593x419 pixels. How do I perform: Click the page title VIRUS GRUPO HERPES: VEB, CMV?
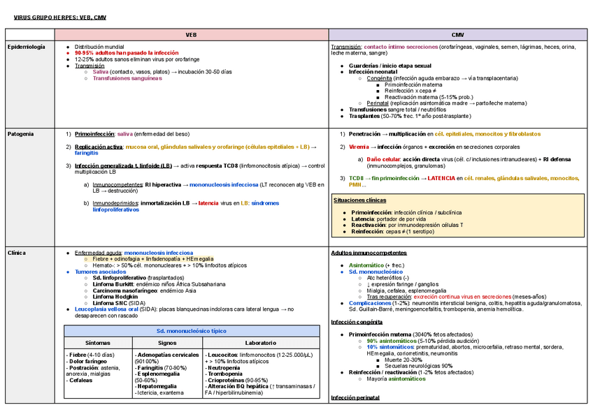(x=61, y=17)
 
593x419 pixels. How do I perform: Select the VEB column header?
(x=191, y=34)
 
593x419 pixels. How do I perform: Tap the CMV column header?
(x=458, y=34)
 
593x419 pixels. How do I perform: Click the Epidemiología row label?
(x=26, y=47)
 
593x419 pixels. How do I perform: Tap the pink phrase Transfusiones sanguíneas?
(x=127, y=78)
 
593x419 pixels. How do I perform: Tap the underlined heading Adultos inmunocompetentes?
(x=368, y=253)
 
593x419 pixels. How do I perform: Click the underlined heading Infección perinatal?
(x=354, y=397)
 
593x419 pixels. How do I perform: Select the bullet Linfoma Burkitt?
(x=115, y=284)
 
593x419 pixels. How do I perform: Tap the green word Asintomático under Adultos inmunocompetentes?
(x=366, y=265)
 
